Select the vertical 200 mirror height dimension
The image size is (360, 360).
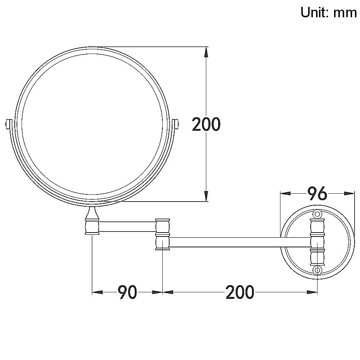(x=206, y=124)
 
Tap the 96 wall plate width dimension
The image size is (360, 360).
(x=317, y=193)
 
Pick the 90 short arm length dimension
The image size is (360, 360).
(x=128, y=292)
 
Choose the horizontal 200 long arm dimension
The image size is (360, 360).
(x=240, y=292)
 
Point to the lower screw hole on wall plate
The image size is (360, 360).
(x=317, y=270)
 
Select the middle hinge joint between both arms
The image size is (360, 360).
(x=162, y=234)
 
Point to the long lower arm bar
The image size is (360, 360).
(x=239, y=242)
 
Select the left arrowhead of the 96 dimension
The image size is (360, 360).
(x=285, y=193)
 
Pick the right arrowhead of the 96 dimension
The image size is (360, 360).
(x=349, y=193)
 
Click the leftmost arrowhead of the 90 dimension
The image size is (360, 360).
(x=98, y=292)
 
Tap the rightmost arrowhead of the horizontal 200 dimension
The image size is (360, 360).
(x=312, y=292)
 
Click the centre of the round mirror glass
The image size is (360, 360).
(x=92, y=124)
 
